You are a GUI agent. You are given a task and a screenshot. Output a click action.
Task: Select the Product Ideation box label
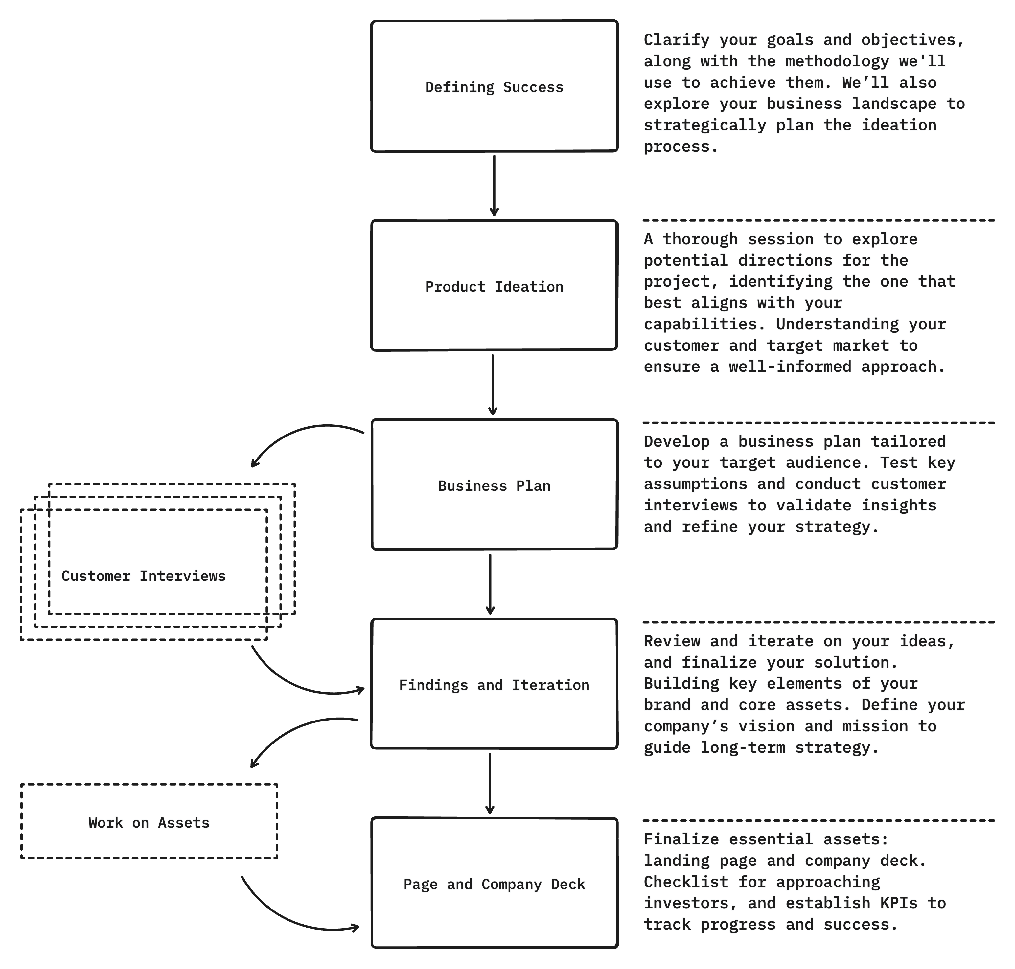pyautogui.click(x=494, y=287)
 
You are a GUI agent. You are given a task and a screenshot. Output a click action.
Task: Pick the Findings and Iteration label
pyautogui.click(x=494, y=685)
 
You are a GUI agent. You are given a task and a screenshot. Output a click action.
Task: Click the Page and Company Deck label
pyautogui.click(x=494, y=884)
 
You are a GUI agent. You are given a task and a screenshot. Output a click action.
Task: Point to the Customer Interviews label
pyautogui.click(x=144, y=576)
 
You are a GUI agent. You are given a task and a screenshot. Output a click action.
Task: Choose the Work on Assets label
pyautogui.click(x=149, y=823)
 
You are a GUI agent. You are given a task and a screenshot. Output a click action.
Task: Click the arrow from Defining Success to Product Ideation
pyautogui.click(x=494, y=186)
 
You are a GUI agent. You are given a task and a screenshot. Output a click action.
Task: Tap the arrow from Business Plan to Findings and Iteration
pyautogui.click(x=491, y=584)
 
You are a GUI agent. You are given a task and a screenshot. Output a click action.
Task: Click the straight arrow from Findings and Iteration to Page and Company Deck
pyautogui.click(x=490, y=784)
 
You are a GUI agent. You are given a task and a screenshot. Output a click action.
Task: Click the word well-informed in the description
pyautogui.click(x=790, y=367)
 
